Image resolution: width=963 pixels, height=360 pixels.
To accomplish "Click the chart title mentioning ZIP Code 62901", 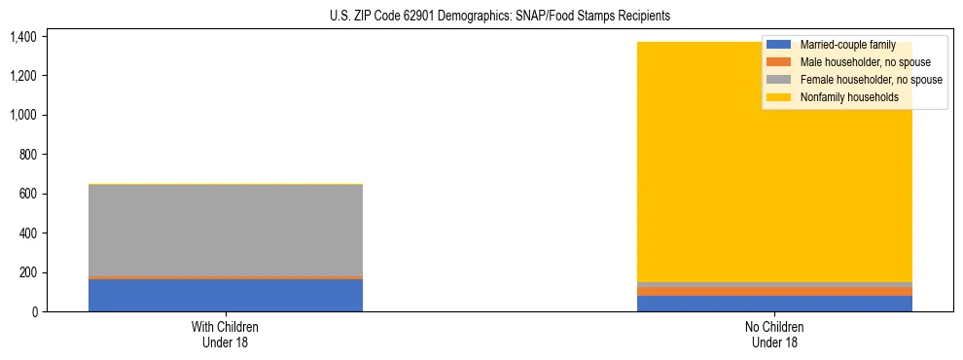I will [481, 17].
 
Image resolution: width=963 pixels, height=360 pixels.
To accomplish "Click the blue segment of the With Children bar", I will [226, 295].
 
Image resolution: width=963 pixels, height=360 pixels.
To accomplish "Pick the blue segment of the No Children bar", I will [774, 304].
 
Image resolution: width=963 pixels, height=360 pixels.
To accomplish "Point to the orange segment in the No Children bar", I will [774, 291].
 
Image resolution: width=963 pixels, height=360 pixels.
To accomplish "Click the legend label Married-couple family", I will [846, 45].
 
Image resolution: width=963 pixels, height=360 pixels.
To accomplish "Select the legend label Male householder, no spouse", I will [865, 62].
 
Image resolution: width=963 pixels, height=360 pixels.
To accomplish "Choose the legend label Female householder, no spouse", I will [870, 80].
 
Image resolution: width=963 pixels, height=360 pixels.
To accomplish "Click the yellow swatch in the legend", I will [779, 97].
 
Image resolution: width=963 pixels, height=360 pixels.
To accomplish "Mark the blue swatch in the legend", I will [779, 45].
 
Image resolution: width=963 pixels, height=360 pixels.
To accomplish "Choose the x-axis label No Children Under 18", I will [774, 335].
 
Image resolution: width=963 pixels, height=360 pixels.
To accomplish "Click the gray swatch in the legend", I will [779, 80].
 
